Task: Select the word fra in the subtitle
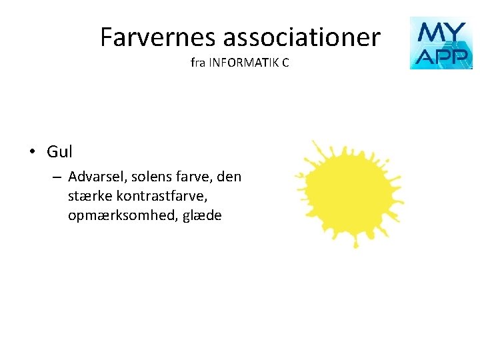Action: pos(197,64)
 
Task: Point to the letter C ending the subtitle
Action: pos(285,64)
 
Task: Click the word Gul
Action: pos(59,152)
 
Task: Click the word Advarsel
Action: pos(97,177)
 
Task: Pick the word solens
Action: pos(151,177)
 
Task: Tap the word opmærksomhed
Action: pos(115,216)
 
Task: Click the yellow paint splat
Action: pos(349,193)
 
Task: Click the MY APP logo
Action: pos(441,43)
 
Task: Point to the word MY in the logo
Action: pos(441,31)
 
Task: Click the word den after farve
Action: pos(229,177)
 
